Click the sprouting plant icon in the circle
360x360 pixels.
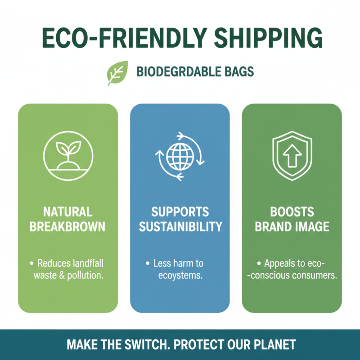tap(68, 156)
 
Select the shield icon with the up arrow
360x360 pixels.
tap(292, 156)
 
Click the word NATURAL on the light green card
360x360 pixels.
tap(67, 211)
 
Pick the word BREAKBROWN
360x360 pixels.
tap(67, 226)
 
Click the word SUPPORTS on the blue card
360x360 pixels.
tap(180, 211)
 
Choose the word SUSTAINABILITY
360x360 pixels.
tap(180, 226)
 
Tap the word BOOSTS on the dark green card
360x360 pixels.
tap(292, 211)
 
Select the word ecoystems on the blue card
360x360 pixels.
tap(180, 275)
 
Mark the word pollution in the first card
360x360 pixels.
tap(85, 275)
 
